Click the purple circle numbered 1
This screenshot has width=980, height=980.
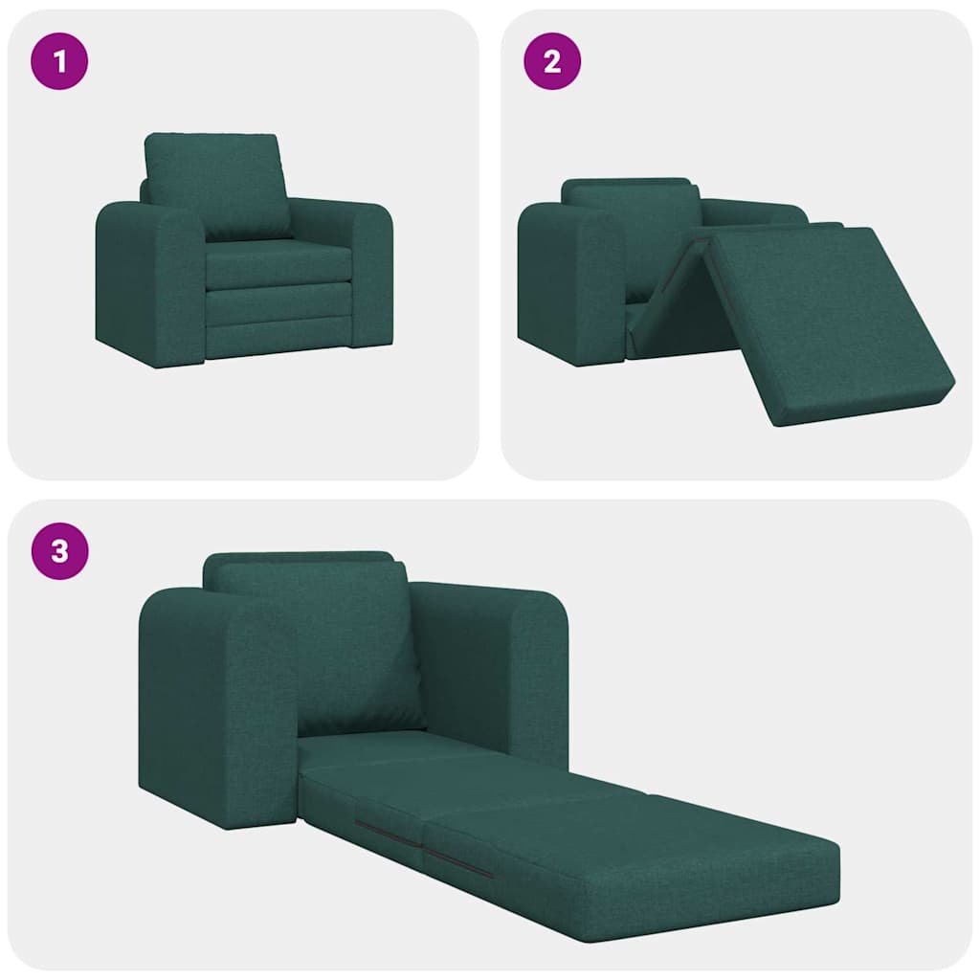click(x=60, y=62)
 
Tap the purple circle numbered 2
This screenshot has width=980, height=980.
click(x=552, y=62)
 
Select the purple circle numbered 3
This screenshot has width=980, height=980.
click(x=60, y=552)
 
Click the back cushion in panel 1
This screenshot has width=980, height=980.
click(x=218, y=184)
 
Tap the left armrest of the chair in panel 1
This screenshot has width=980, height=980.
click(x=148, y=282)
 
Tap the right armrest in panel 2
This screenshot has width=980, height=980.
click(x=756, y=212)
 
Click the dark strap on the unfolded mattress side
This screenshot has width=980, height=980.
click(x=457, y=861)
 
